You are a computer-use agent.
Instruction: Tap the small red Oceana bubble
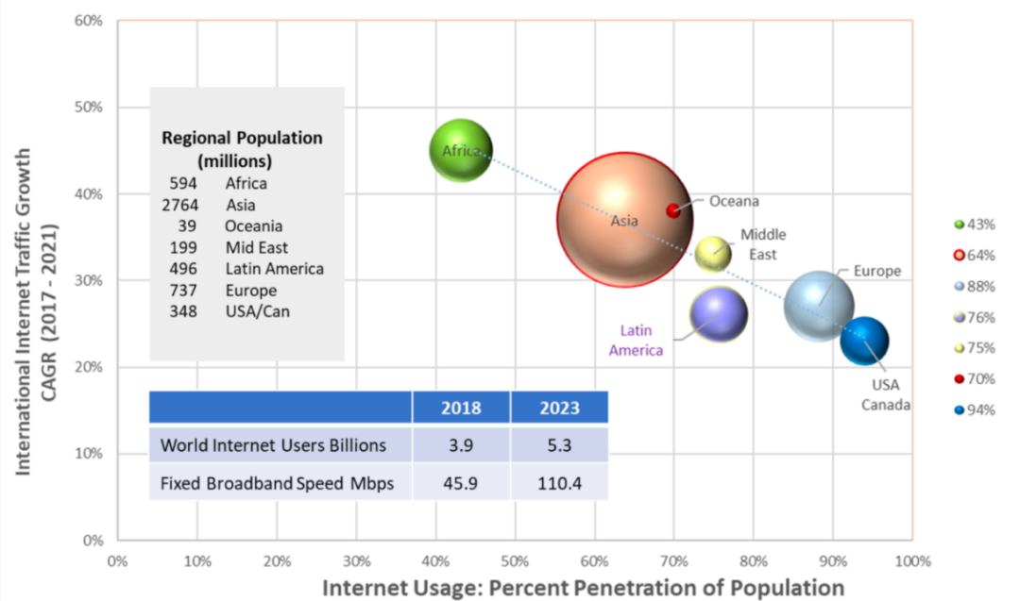673,210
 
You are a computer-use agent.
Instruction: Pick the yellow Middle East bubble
713,253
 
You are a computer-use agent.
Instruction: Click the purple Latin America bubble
719,314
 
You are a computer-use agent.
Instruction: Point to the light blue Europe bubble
819,306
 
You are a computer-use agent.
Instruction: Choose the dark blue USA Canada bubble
864,342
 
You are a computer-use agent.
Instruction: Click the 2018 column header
461,408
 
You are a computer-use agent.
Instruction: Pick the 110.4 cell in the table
559,483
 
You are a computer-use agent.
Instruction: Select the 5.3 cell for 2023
559,444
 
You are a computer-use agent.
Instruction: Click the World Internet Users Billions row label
274,444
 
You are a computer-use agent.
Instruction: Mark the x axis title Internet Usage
583,587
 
